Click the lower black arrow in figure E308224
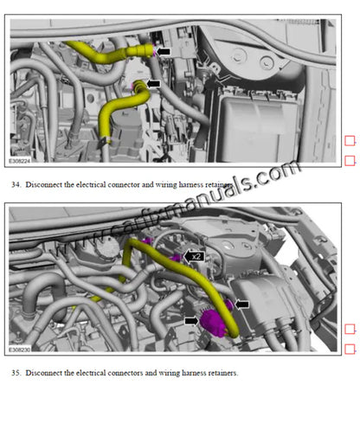(x=152, y=83)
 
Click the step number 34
(x=16, y=185)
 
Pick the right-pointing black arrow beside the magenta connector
(x=191, y=320)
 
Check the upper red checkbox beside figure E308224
(x=350, y=141)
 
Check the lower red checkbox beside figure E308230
(x=350, y=349)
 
